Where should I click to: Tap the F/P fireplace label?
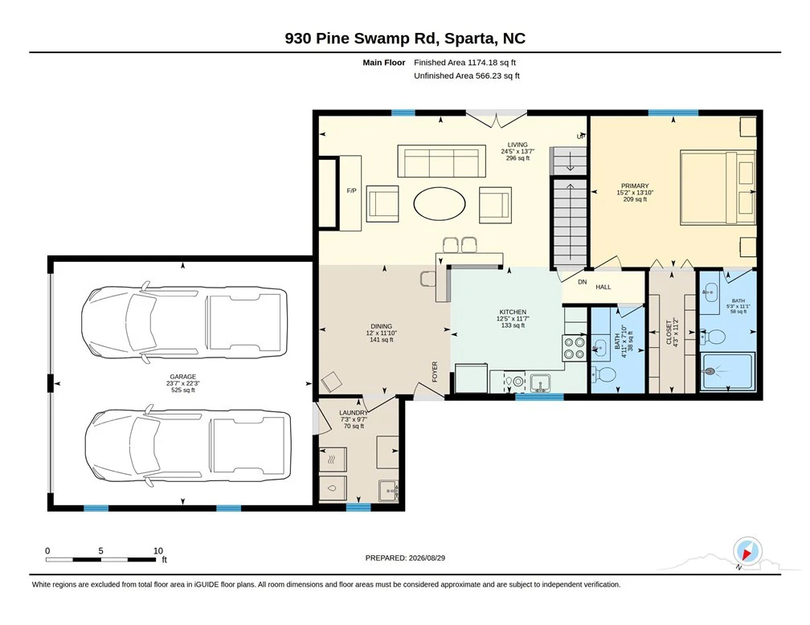point(351,190)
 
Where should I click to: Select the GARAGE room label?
point(183,377)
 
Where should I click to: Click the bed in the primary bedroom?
point(718,187)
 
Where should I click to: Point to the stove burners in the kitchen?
point(575,348)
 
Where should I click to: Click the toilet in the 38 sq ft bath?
point(602,374)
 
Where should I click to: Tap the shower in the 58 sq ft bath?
point(727,371)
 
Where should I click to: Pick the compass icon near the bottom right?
point(747,551)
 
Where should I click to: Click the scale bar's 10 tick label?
point(158,550)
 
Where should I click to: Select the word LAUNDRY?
point(354,413)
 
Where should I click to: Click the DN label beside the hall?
point(582,282)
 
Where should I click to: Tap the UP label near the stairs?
point(581,137)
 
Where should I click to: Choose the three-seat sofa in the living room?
point(441,161)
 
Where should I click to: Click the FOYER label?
point(435,371)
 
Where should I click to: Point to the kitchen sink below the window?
point(540,382)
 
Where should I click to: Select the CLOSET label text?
point(669,332)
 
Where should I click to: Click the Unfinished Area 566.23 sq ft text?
point(466,76)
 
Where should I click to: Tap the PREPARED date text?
point(405,558)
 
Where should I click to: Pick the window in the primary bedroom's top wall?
point(673,112)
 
